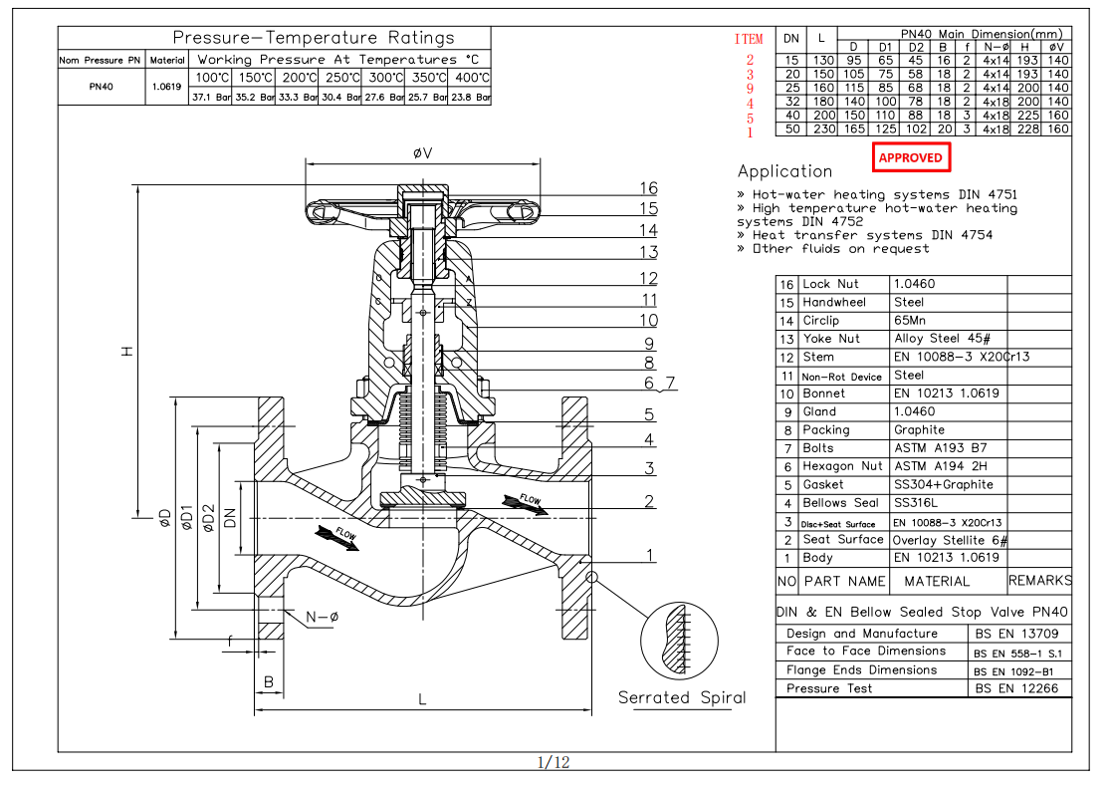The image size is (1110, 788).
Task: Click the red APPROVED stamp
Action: (910, 157)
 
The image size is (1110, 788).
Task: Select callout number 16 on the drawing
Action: (648, 188)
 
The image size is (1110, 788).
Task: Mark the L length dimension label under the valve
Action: (422, 700)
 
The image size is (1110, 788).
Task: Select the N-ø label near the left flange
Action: (322, 617)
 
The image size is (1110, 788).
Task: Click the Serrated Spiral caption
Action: (682, 697)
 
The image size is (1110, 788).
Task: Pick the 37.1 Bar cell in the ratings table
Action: (210, 98)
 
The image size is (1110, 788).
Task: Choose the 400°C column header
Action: (471, 77)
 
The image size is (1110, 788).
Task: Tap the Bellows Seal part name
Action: (841, 503)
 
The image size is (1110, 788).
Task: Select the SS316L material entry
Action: (917, 503)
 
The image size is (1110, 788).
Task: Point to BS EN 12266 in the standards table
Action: (1015, 688)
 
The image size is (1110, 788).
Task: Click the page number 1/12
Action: (554, 763)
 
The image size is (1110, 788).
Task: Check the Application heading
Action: (784, 171)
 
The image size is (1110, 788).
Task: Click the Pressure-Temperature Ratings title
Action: (314, 38)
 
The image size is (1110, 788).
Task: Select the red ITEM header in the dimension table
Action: (749, 39)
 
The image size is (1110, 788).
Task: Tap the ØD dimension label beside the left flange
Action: (164, 518)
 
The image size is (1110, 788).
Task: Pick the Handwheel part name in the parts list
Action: (834, 302)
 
